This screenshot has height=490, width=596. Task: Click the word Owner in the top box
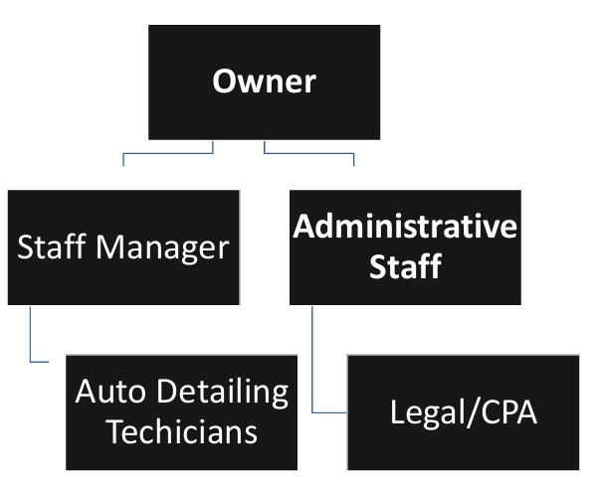(264, 81)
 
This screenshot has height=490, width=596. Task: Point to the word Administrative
(404, 227)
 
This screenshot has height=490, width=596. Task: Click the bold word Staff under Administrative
(404, 266)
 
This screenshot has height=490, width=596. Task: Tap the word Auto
(108, 393)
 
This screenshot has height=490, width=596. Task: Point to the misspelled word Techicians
(181, 432)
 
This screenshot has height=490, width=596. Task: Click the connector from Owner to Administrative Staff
(308, 154)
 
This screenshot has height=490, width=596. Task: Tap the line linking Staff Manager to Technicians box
(32, 338)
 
